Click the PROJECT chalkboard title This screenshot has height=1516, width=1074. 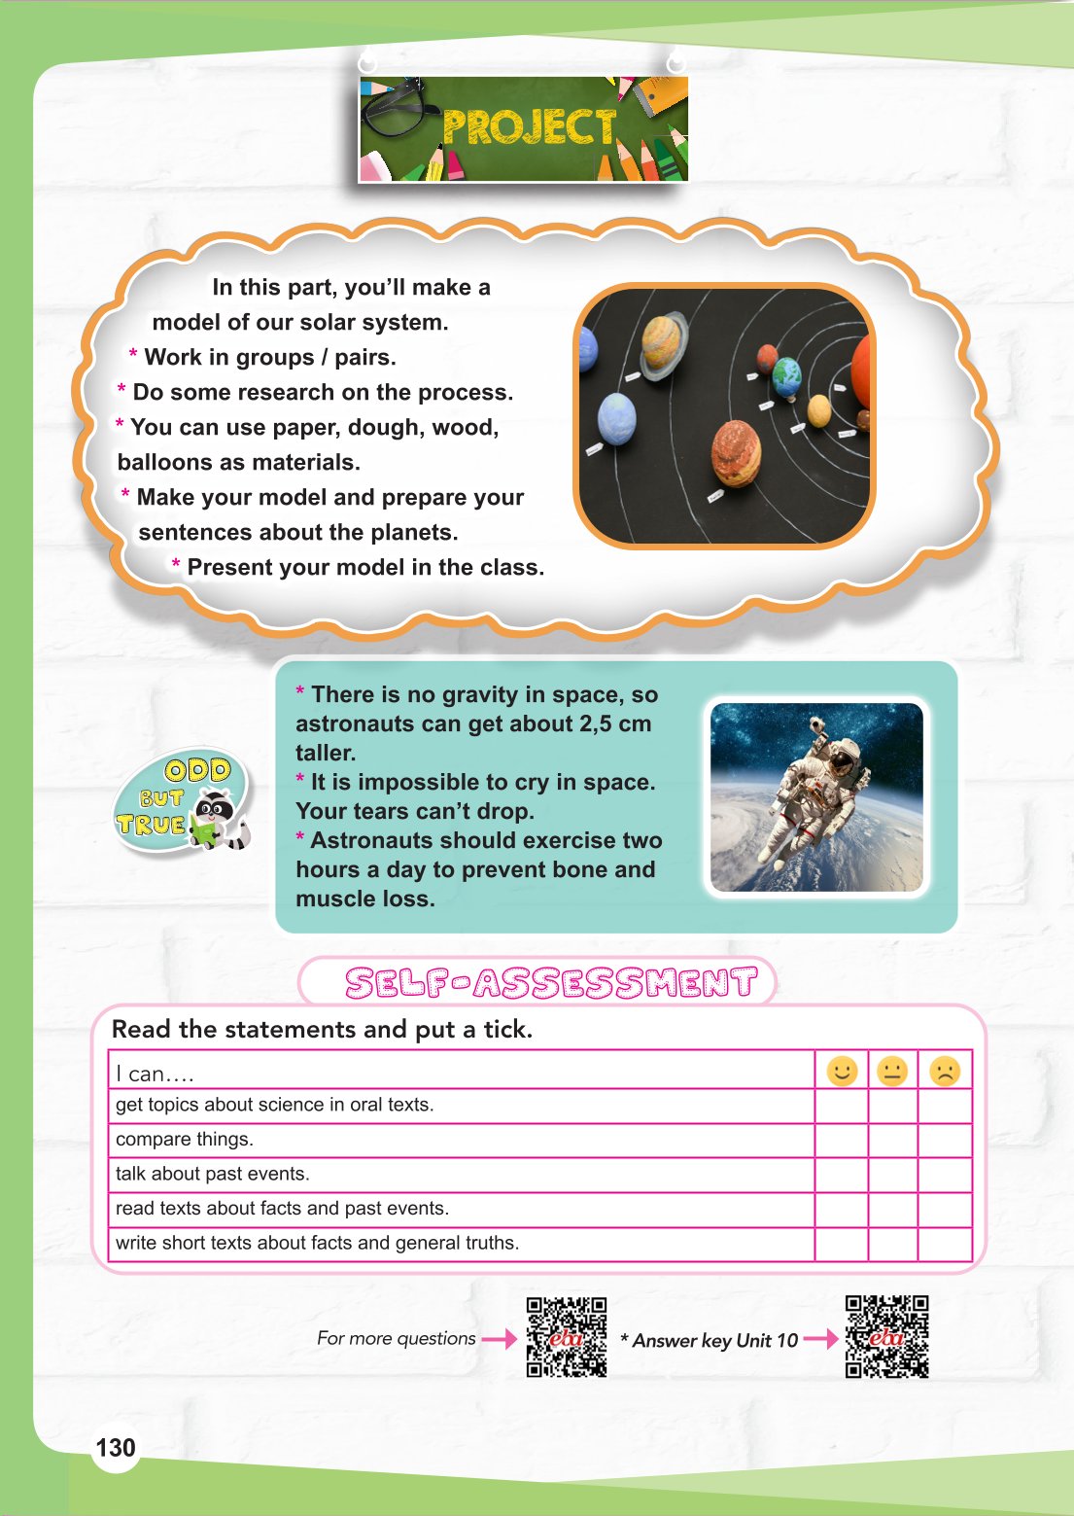(529, 127)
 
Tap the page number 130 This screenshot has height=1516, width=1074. (116, 1447)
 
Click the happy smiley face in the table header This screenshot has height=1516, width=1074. (842, 1071)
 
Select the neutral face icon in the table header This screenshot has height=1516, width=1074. (891, 1071)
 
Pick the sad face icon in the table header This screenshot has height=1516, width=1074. (944, 1071)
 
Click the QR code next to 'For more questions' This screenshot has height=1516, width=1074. (567, 1337)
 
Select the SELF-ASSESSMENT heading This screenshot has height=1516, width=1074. (551, 982)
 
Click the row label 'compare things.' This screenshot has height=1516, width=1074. (185, 1139)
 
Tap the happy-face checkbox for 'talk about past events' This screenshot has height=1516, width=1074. (841, 1174)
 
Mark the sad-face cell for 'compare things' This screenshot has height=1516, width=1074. (944, 1140)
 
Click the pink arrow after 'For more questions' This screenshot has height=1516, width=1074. (500, 1339)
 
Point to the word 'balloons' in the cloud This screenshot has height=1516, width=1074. (160, 462)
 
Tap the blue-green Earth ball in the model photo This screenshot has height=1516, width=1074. (786, 372)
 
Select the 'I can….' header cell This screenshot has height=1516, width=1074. (156, 1074)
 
